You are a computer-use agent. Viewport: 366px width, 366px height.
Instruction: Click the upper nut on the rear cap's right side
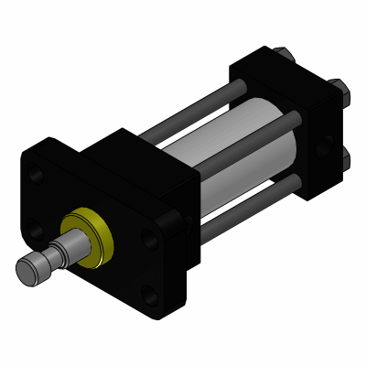tap(339, 91)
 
